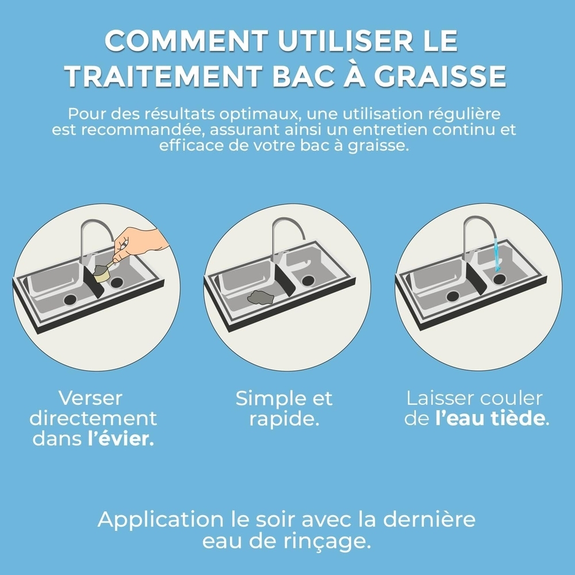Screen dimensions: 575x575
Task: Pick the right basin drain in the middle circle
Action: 309,281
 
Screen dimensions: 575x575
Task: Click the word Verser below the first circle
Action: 91,398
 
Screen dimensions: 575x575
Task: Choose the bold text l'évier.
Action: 120,439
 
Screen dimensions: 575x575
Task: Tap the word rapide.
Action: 284,419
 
